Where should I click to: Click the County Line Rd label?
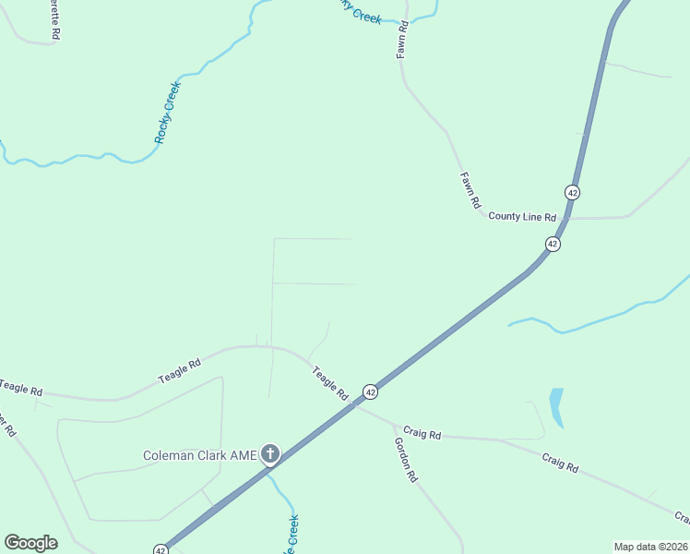coord(522,217)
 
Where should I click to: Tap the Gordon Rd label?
coord(406,460)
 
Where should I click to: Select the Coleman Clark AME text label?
coord(199,454)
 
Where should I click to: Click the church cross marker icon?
coord(269,453)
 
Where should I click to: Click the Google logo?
coord(30,543)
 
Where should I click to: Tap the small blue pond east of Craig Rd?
coord(555,407)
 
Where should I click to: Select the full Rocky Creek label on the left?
coord(167,113)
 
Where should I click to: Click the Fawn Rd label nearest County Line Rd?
coord(470,189)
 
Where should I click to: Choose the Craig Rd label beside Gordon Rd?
coord(422,434)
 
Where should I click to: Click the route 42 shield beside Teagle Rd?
coord(369,391)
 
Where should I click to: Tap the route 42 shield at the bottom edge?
coord(161,549)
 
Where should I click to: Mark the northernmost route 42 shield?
coord(573,192)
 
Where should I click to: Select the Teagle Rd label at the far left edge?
coord(21,389)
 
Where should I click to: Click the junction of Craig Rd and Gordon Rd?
coord(396,426)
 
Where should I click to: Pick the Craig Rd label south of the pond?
coord(560,463)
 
